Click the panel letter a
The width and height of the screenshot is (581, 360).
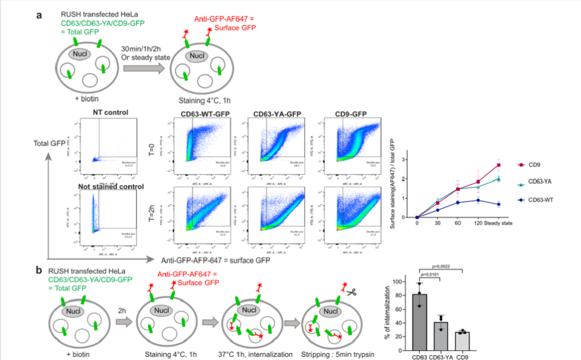tap(39, 15)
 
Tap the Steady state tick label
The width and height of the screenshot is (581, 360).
tap(498, 223)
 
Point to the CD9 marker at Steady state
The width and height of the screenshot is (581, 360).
tap(499, 165)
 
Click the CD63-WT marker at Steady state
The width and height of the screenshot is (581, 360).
tap(499, 204)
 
